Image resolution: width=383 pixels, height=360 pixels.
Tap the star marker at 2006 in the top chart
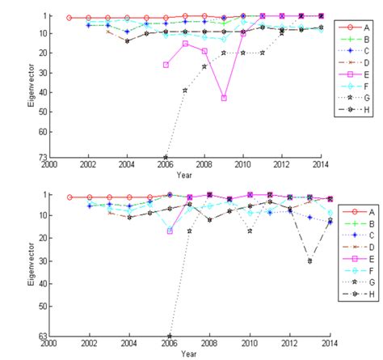point(166,157)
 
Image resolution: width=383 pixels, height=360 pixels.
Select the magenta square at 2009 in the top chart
point(224,98)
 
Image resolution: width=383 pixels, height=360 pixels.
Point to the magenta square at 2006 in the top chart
point(166,65)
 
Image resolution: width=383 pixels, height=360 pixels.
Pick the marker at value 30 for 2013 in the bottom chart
point(309,260)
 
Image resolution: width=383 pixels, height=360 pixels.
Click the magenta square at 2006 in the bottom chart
point(170,231)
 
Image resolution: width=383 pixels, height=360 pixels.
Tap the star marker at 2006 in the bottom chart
point(170,336)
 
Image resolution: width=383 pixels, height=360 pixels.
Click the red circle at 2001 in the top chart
point(69,17)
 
